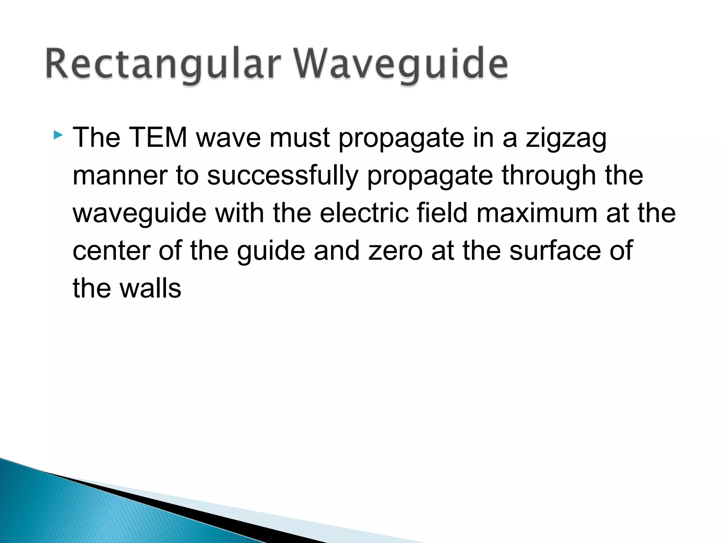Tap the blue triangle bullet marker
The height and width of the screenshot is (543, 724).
coord(58,135)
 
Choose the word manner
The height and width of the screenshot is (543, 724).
coord(120,176)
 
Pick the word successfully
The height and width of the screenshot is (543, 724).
coord(282,176)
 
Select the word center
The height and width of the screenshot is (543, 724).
coord(111,251)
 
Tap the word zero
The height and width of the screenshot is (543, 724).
coord(395,251)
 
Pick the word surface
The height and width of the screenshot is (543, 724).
coord(555,251)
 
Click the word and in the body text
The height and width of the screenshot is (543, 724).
coord(336,251)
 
